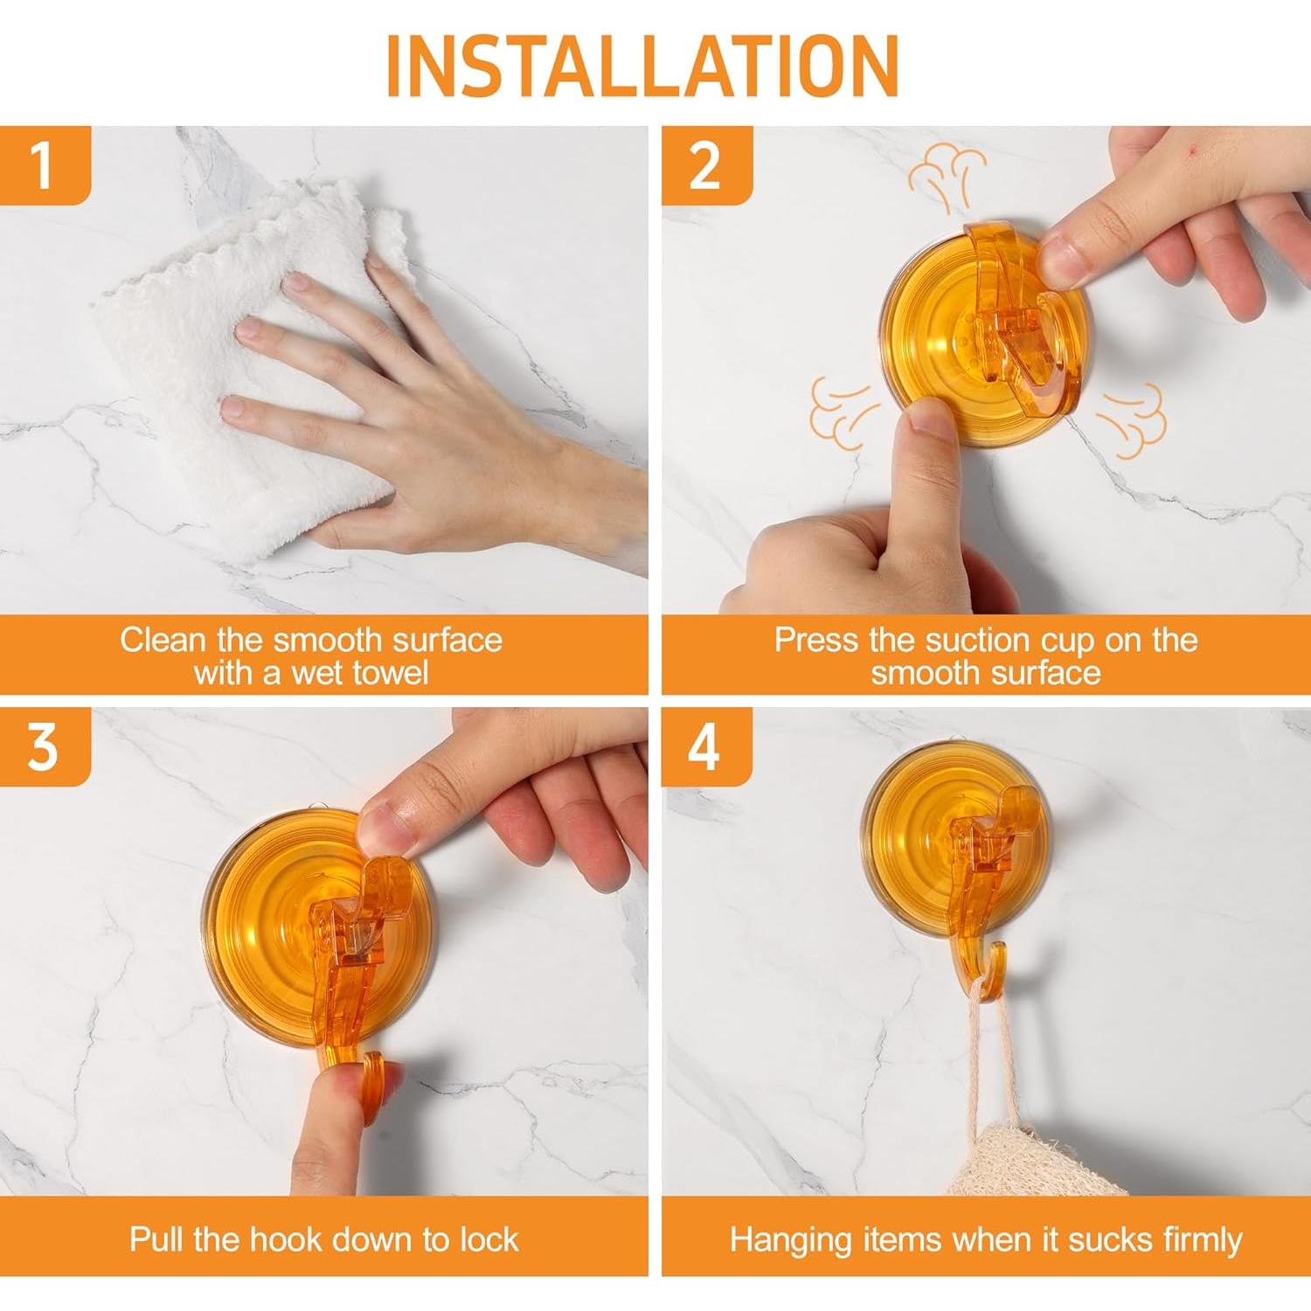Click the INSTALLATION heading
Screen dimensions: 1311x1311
pos(642,66)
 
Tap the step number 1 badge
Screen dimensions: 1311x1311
pos(45,165)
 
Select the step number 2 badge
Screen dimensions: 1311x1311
pos(706,165)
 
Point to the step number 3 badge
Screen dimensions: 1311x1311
pos(45,747)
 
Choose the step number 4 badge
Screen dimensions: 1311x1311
pos(706,747)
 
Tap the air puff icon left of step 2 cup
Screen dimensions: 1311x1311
pos(843,413)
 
